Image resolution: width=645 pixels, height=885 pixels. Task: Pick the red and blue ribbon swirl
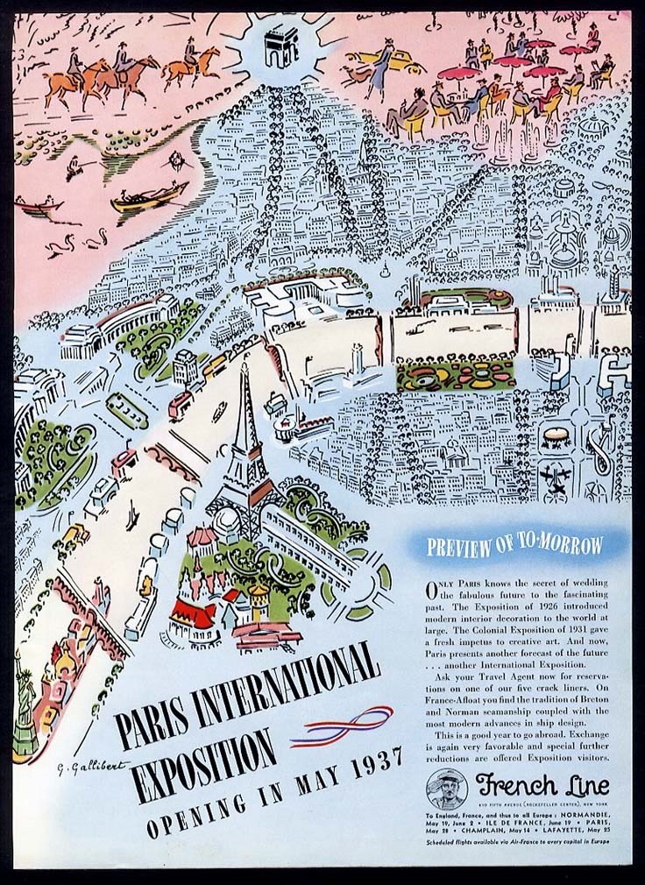342,726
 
